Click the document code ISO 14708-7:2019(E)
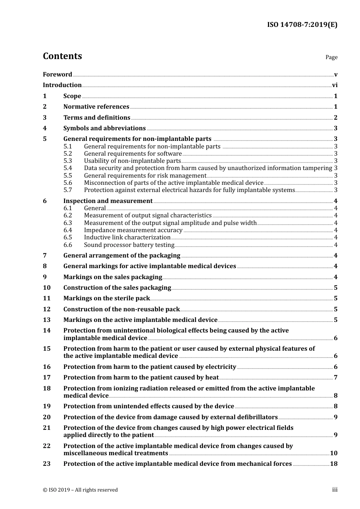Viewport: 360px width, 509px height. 302,25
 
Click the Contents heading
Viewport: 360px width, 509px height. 62,56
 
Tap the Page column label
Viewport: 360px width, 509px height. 331,57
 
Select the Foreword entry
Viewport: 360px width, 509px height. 57,75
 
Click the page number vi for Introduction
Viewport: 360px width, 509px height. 335,85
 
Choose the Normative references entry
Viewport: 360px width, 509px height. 96,107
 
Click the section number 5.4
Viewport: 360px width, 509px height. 68,168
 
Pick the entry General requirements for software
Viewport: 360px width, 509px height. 133,154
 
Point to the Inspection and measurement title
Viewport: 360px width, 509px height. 108,201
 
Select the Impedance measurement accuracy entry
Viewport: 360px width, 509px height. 133,230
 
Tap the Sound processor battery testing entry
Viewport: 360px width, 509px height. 129,245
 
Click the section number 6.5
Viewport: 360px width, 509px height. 68,237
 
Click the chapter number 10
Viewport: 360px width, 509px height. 47,288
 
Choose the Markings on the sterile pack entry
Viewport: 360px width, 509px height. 106,298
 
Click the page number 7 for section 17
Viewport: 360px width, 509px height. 335,378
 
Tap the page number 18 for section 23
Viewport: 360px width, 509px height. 333,464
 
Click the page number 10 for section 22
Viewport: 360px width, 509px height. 333,453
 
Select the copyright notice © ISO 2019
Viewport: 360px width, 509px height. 80,490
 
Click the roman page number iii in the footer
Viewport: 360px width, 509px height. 335,490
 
